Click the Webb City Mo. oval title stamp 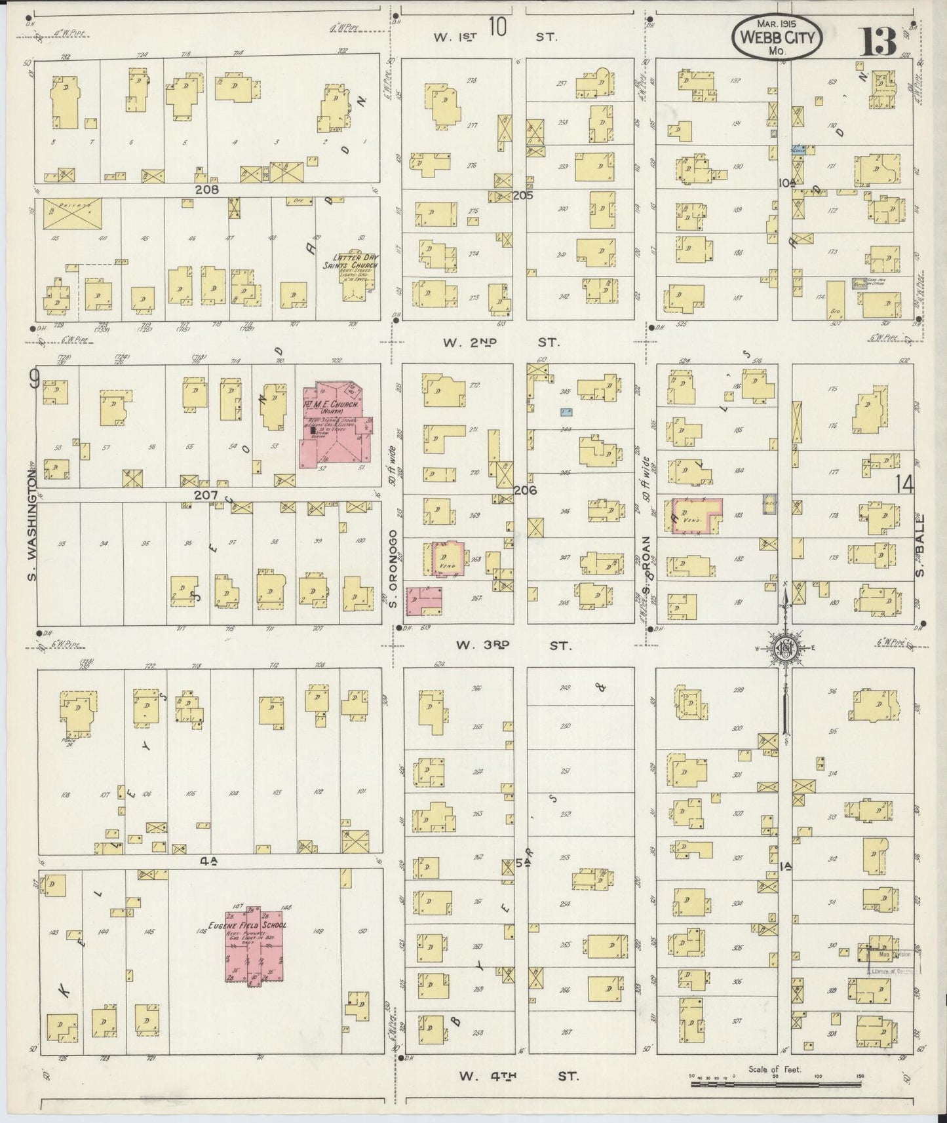[x=777, y=37]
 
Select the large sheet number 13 [x=879, y=41]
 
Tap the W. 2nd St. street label [x=501, y=342]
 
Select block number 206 [x=526, y=490]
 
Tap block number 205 [x=522, y=195]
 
